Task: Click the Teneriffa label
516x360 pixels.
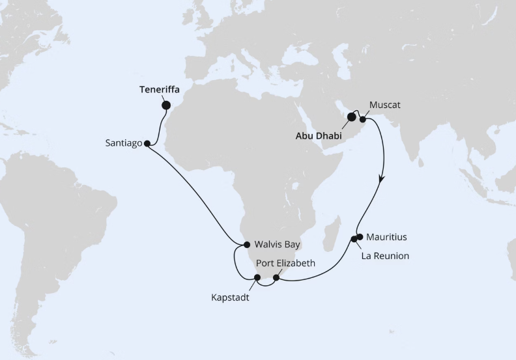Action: tap(159, 90)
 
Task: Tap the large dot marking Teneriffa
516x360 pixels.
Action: tap(166, 104)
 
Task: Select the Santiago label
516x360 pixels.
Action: tap(122, 143)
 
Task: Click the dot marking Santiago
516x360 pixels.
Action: tap(147, 143)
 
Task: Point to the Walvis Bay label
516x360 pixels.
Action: tap(277, 245)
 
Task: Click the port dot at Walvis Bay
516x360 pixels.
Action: tap(247, 245)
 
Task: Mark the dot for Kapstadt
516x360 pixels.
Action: tap(257, 278)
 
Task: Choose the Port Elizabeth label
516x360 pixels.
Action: tap(286, 264)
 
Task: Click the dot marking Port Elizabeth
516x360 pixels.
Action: tap(276, 278)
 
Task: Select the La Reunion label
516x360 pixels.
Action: tap(386, 256)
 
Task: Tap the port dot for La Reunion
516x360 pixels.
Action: tap(354, 239)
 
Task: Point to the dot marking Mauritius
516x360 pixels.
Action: tap(360, 237)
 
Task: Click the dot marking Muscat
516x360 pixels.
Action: tap(363, 120)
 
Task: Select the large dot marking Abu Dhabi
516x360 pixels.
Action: tap(352, 117)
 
